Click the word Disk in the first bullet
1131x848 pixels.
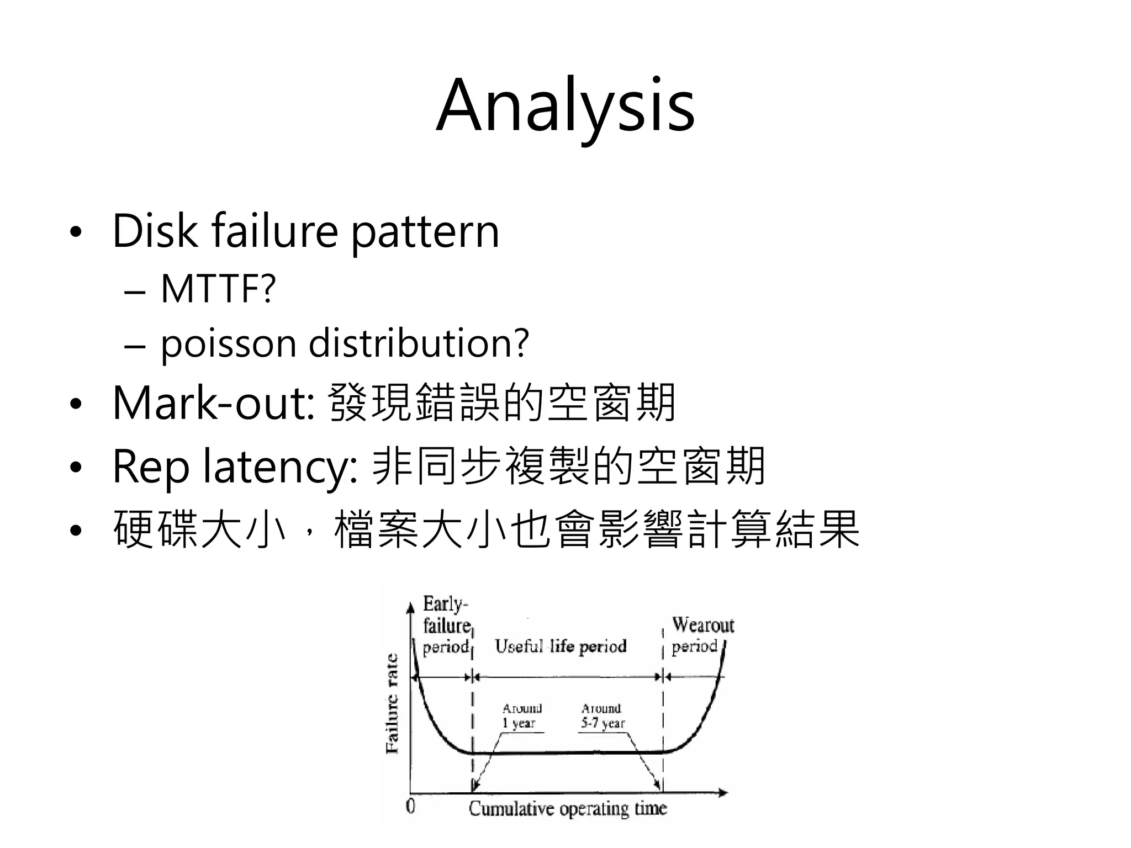pos(155,231)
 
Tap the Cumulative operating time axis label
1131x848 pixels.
pos(568,809)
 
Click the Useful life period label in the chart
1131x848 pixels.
pos(561,646)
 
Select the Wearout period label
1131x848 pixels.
pos(701,635)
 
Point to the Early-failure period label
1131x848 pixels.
pos(446,626)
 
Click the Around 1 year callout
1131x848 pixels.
pos(521,715)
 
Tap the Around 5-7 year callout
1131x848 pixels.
pos(602,715)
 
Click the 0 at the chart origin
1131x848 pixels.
pos(410,807)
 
